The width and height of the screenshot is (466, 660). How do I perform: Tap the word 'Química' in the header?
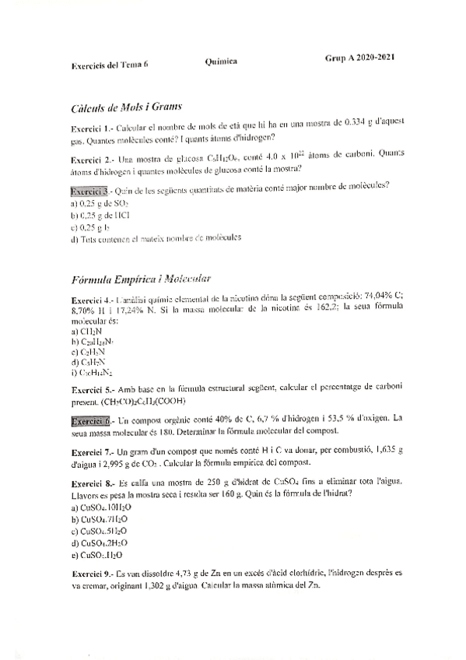coord(223,61)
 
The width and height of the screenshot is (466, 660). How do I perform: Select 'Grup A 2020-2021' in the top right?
coord(359,59)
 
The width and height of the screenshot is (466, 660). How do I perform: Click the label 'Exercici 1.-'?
coord(92,126)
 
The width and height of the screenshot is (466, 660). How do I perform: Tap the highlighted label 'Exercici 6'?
coord(90,420)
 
